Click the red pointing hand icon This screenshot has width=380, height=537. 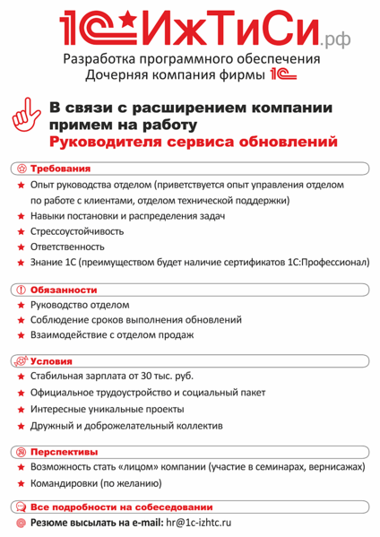(x=26, y=121)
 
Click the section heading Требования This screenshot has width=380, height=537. (x=60, y=169)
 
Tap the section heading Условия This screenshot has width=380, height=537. (x=54, y=361)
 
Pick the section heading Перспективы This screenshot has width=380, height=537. (x=64, y=452)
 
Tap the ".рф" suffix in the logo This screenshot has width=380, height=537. (x=336, y=38)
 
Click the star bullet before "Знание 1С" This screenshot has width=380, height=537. (x=20, y=263)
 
